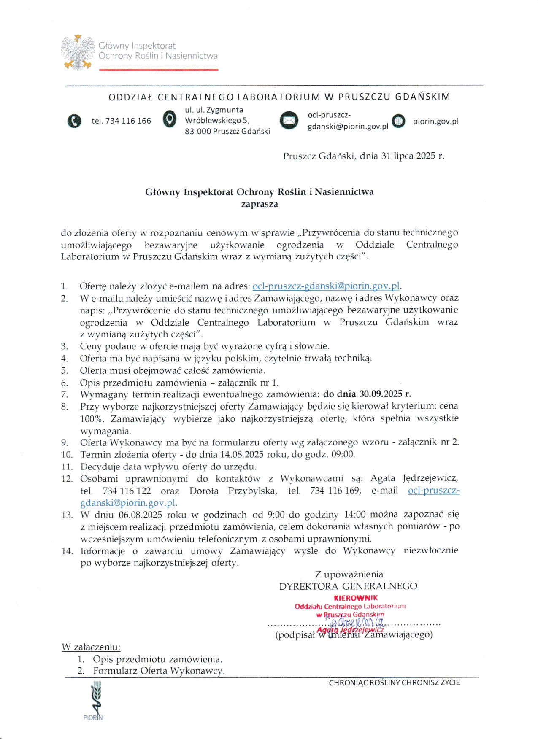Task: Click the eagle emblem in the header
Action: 78,52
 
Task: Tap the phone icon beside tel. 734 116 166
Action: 74,121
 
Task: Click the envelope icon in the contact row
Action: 289,121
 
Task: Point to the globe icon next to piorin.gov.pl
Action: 398,121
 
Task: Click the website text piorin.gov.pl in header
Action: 435,121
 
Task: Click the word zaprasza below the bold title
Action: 259,204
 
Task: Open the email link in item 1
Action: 326,286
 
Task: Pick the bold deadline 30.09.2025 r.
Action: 385,394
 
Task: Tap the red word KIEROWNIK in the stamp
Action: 356,598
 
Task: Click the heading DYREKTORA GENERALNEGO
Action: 348,586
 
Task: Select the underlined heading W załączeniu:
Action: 91,647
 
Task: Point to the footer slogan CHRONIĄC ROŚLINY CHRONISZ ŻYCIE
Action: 394,682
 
